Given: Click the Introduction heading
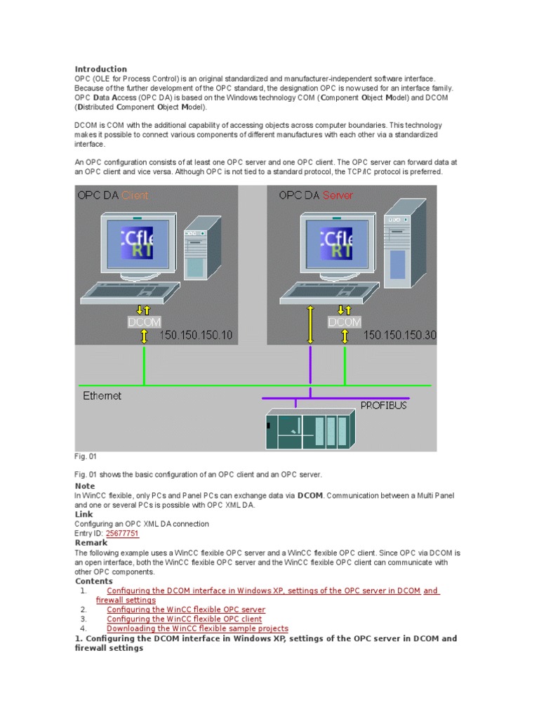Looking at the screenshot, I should click(101, 69).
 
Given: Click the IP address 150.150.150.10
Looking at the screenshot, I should click(195, 336).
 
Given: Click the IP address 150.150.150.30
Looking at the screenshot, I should click(399, 336).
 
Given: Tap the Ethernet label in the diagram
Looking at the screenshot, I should click(102, 396).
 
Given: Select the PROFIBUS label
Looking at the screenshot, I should click(383, 405).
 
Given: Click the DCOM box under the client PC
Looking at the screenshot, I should click(144, 322).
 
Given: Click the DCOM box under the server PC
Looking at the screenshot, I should click(345, 322).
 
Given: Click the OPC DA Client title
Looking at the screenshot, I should click(113, 195).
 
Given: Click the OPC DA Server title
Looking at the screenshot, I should click(316, 195).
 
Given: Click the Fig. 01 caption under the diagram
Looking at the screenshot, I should click(84, 456).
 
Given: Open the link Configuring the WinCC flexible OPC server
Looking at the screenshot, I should click(186, 609).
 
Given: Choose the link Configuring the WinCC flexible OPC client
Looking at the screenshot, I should click(184, 619).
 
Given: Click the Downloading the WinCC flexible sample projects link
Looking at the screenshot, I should click(197, 629).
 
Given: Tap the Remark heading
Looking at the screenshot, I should click(91, 543).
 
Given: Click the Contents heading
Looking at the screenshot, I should click(93, 581).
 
